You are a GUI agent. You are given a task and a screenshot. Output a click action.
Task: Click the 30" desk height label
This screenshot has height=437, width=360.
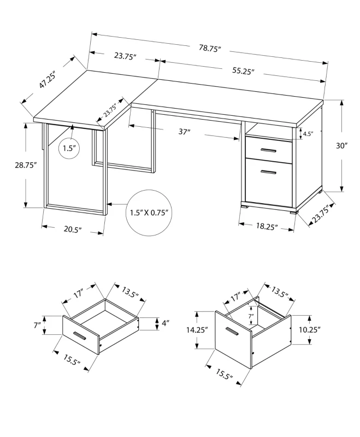coord(342,146)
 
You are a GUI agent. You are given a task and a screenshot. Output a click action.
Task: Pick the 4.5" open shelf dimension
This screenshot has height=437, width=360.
coord(308,133)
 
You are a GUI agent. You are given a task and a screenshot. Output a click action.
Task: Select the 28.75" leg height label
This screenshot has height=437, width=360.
coord(26,165)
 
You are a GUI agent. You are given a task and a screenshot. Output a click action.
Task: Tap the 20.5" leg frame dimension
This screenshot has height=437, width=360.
coord(71,229)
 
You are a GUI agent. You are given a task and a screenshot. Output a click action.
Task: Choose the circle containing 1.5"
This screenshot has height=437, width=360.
coord(69,148)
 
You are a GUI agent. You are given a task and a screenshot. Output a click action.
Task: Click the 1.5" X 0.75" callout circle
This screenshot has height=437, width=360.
coord(149,212)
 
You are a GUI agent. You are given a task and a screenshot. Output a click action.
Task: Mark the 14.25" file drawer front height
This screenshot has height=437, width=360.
coord(198,330)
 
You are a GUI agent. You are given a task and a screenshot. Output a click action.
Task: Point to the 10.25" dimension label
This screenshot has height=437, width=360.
coord(310,329)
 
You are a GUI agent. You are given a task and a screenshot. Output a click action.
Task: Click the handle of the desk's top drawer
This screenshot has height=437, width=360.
coord(268,150)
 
